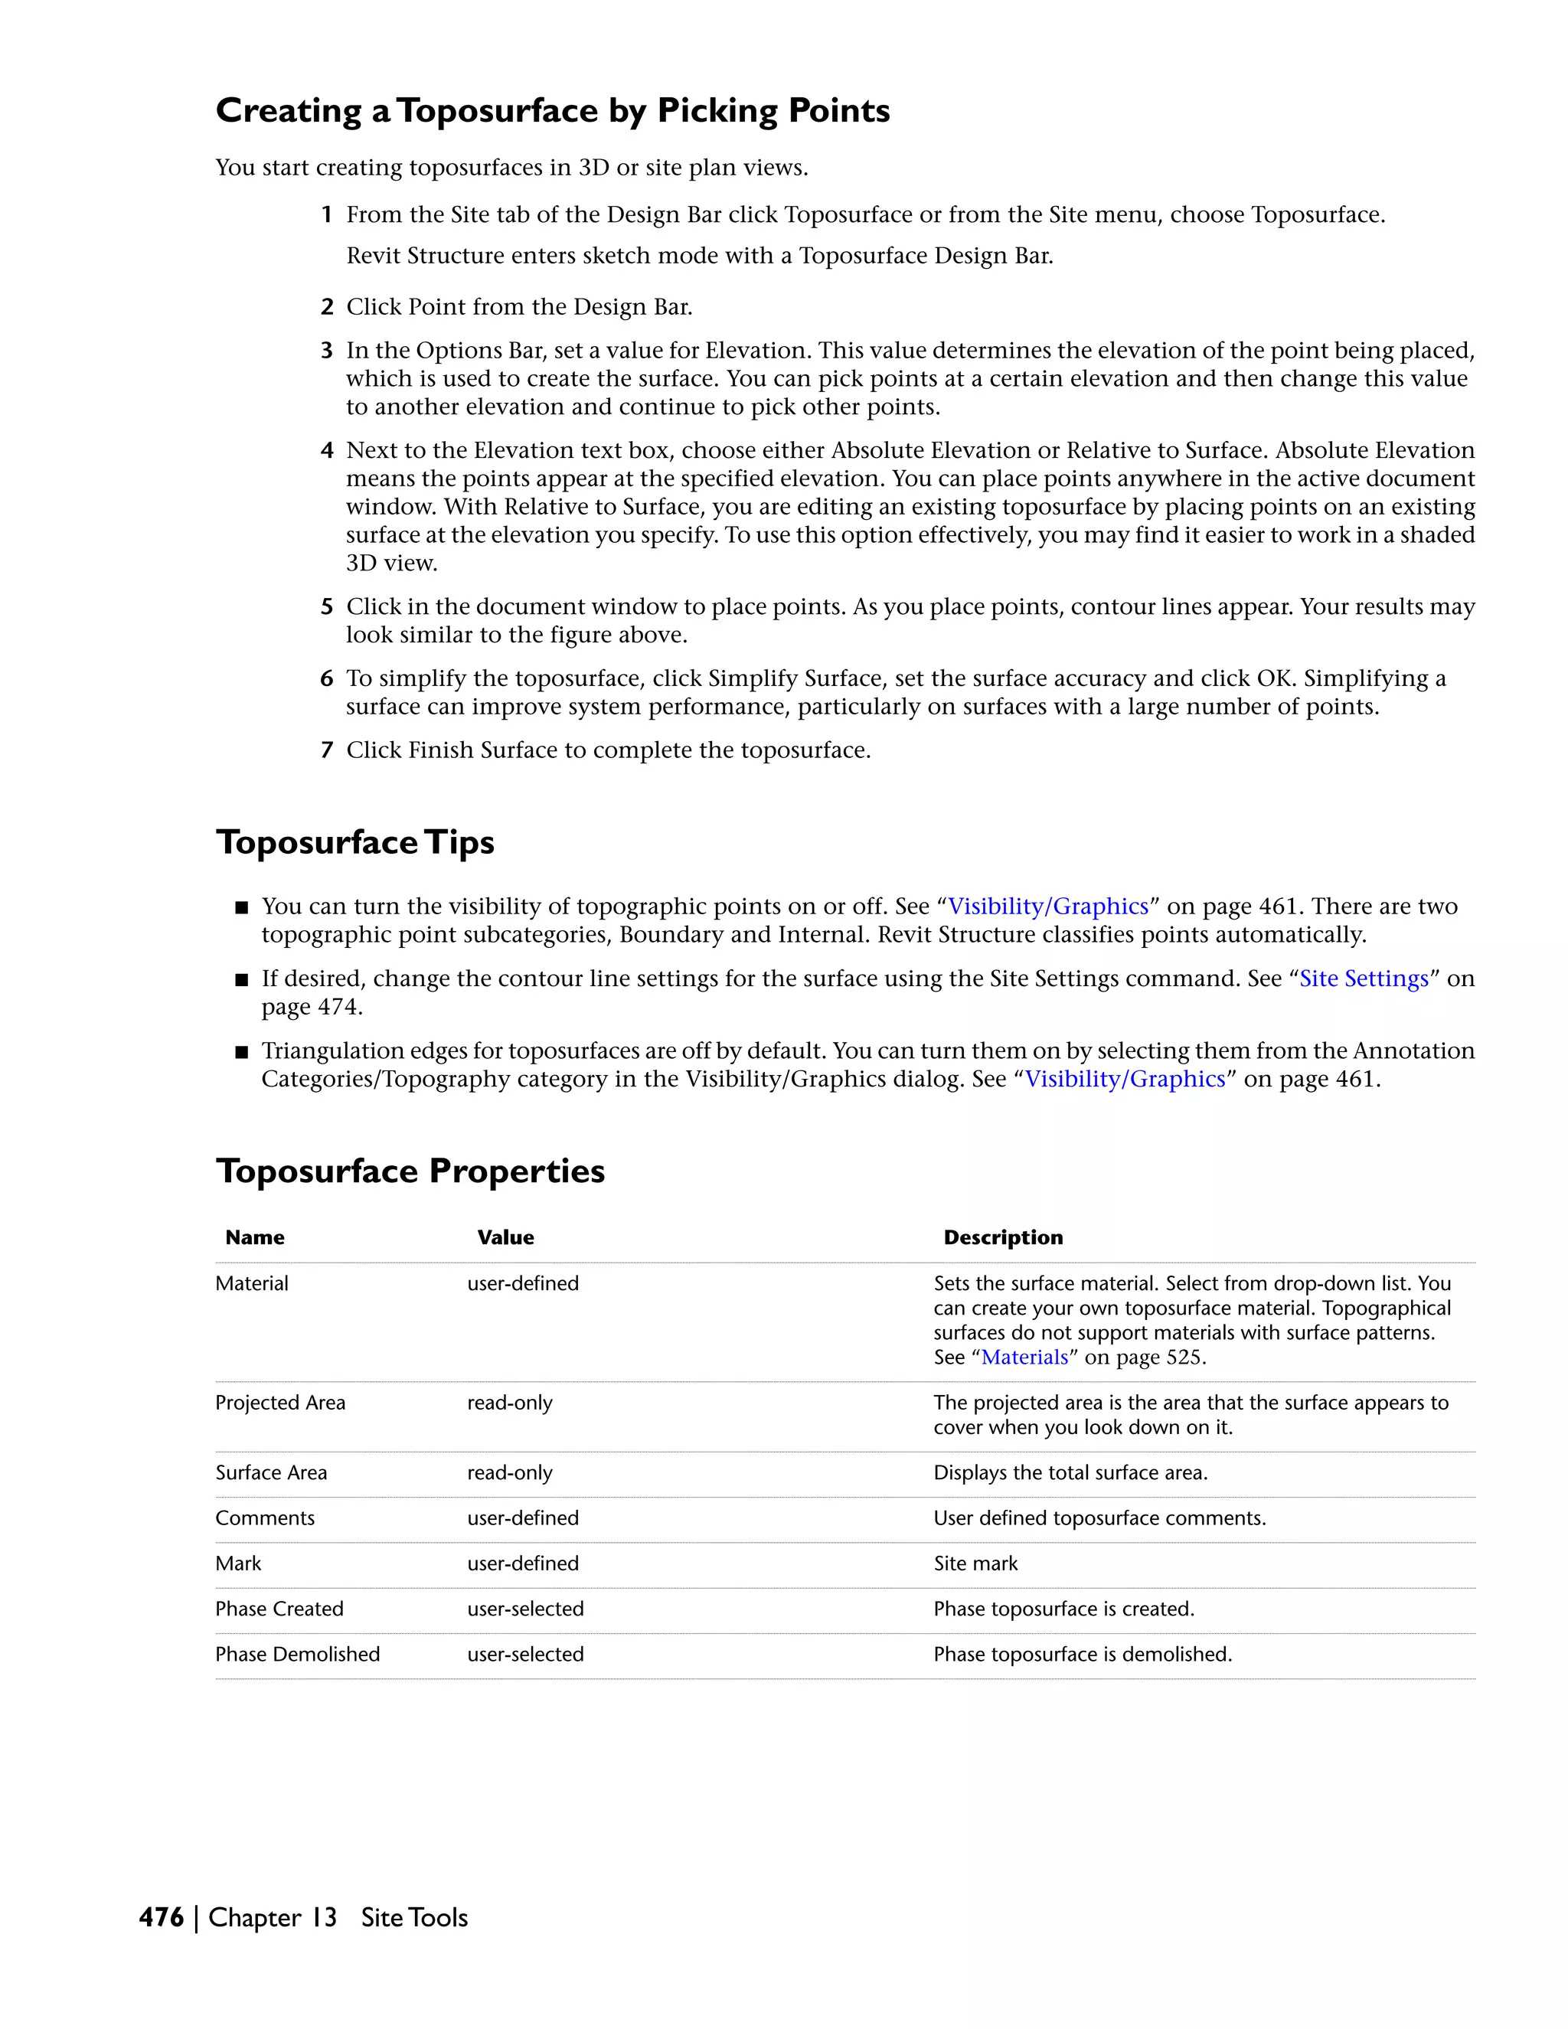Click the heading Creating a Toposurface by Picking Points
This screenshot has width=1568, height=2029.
pos(552,110)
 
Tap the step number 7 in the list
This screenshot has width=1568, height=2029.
pos(327,750)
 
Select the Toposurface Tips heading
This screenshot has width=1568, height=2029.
pos(354,843)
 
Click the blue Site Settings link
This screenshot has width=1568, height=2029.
pos(1363,979)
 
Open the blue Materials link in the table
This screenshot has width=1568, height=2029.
pos(1024,1358)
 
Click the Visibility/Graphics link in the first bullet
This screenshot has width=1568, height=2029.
pos(1048,907)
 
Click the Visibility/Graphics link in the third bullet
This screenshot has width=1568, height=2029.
pos(1125,1080)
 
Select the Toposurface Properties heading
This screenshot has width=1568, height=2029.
pos(410,1171)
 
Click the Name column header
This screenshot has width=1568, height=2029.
pos(254,1237)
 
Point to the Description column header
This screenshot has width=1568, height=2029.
pos(1002,1237)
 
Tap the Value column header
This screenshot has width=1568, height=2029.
pos(505,1237)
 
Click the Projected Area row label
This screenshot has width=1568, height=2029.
pos(279,1403)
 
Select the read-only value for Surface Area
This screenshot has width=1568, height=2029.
pos(509,1472)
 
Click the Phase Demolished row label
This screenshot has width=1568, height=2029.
pos(297,1655)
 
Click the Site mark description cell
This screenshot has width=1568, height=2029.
pos(975,1563)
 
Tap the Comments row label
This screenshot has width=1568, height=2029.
pos(265,1518)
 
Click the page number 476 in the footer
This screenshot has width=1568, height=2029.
pos(161,1917)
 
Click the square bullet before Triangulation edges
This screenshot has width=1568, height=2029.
pos(243,1053)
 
